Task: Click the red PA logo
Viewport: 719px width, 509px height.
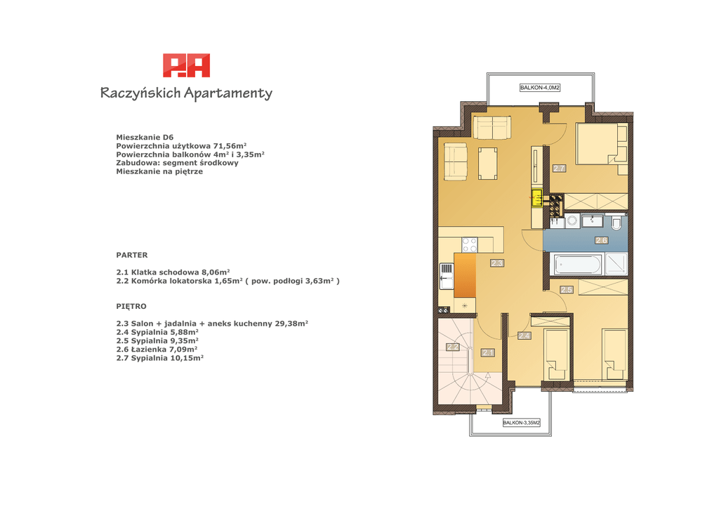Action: (x=187, y=65)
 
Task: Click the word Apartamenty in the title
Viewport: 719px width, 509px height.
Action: (x=228, y=93)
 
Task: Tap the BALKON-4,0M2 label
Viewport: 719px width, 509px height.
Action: (x=540, y=88)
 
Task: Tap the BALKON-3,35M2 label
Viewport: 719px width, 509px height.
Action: (x=522, y=423)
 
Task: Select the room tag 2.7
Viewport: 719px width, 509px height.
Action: (x=559, y=168)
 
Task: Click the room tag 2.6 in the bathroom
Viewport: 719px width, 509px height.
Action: (x=601, y=240)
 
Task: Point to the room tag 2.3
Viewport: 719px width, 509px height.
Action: (x=497, y=263)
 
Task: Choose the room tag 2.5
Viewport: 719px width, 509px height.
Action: (x=567, y=290)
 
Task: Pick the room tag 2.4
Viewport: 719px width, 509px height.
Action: (x=524, y=336)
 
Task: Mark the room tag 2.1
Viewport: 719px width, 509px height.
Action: (x=488, y=352)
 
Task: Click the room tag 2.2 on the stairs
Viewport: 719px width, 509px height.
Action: (x=453, y=347)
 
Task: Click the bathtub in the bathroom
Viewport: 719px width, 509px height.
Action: (x=577, y=265)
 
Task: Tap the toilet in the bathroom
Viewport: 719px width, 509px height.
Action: (x=616, y=223)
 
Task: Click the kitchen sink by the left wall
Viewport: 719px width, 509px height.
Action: (x=125, y=276)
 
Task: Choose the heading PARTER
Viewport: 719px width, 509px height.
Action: (x=132, y=255)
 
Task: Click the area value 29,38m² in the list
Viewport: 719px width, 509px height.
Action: (x=291, y=323)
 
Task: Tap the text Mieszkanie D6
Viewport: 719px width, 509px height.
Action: (x=145, y=137)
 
